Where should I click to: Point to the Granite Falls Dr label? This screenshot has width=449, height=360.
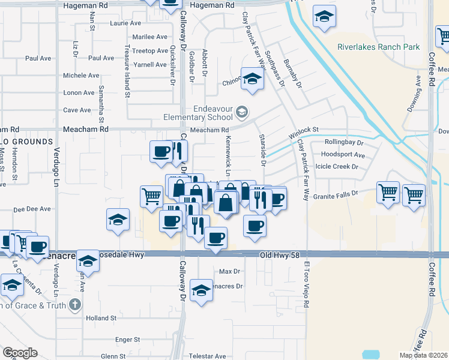[x=335, y=194]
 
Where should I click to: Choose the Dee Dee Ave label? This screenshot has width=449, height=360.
[x=32, y=209]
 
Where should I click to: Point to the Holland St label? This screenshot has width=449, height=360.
[x=101, y=317]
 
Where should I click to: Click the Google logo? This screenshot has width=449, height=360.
[x=20, y=353]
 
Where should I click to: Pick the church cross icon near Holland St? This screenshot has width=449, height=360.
[x=74, y=304]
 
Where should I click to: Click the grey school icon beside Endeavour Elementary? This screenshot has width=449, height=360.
[x=242, y=112]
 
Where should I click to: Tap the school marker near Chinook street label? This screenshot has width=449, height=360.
[x=252, y=79]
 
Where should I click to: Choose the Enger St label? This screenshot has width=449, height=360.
[x=128, y=340]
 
